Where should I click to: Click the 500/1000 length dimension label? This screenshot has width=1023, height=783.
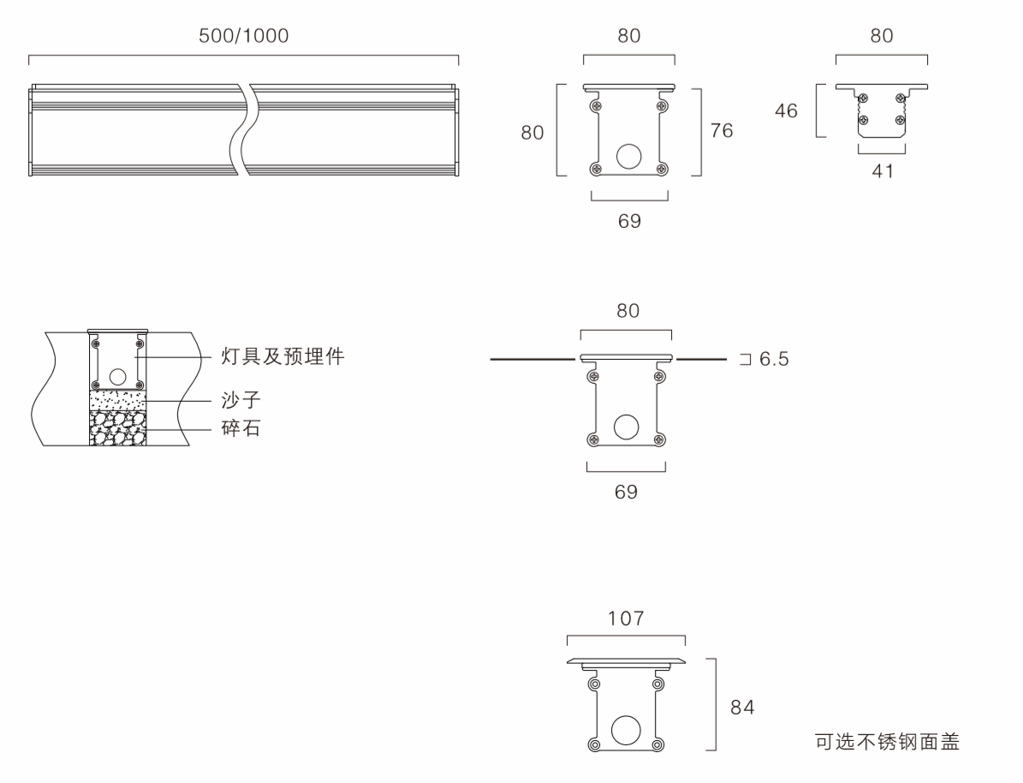[x=244, y=36]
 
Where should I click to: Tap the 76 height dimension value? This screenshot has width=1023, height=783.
[x=722, y=131]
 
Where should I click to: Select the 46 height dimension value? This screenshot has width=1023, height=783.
[x=786, y=111]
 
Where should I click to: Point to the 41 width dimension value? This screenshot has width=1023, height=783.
[x=882, y=171]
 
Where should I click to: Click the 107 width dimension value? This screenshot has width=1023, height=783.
[x=626, y=619]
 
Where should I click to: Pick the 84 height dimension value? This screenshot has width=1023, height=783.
[x=742, y=708]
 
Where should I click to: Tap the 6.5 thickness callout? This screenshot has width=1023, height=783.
[x=773, y=359]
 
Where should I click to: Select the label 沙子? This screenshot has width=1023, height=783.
[x=241, y=400]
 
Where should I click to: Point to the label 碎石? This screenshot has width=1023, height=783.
[x=241, y=428]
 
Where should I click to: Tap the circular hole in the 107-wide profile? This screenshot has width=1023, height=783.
[x=626, y=729]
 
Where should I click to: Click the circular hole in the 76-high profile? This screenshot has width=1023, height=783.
[x=629, y=156]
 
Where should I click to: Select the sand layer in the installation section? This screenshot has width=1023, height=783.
[x=117, y=400]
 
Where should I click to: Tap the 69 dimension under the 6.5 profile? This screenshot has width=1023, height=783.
[x=627, y=493]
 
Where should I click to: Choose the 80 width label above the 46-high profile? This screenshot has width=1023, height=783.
[x=882, y=36]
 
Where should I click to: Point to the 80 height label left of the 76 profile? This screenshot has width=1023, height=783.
[x=532, y=133]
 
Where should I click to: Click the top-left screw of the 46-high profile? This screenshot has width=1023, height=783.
[x=863, y=99]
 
